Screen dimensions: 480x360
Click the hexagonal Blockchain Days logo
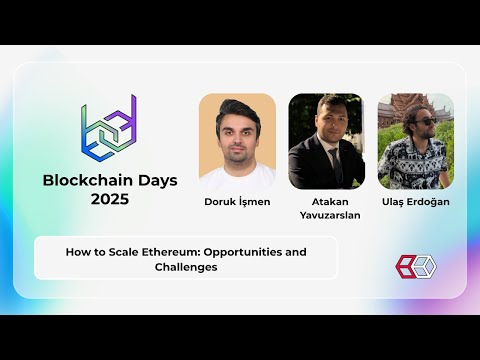coord(109,128)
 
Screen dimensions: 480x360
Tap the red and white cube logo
coord(416,267)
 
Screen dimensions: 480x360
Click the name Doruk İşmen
coord(237,202)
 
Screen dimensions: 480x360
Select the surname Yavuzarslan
coord(330,215)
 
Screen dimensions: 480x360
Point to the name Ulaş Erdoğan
coord(416,202)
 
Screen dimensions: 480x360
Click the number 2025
coord(110,199)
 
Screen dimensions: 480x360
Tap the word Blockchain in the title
coord(88,180)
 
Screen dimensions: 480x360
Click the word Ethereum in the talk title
coord(171,252)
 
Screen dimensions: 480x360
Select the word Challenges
coord(186,267)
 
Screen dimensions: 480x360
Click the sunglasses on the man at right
coord(427,122)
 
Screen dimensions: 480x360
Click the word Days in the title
coord(158,180)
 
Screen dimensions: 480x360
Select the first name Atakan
coord(330,202)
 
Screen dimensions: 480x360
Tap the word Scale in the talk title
coord(123,252)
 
